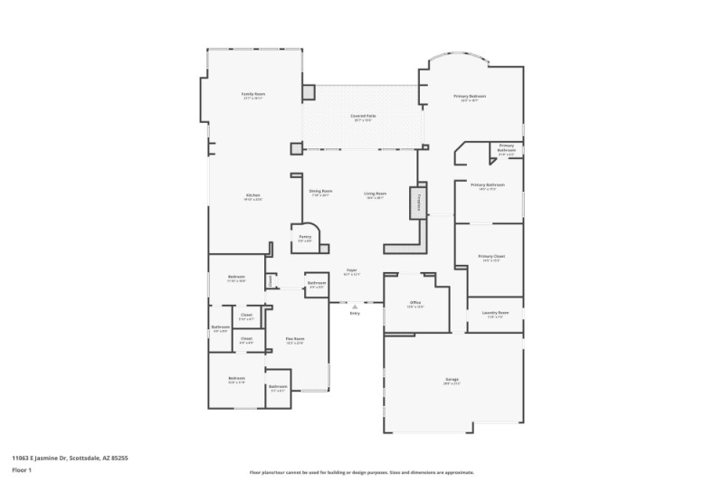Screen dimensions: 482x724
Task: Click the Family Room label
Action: [252, 94]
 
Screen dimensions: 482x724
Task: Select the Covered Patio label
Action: [362, 117]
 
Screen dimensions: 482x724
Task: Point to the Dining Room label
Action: [320, 192]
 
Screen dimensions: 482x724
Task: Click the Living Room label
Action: [376, 193]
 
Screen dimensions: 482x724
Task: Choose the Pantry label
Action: [305, 237]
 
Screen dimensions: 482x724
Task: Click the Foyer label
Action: [351, 269]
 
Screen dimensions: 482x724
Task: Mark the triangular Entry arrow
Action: [355, 307]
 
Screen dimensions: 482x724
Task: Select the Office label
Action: [415, 303]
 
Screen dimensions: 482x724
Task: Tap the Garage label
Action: [452, 379]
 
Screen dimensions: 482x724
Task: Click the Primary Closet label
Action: [491, 256]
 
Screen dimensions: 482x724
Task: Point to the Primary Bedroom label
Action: [470, 96]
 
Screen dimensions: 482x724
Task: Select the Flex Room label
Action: [294, 338]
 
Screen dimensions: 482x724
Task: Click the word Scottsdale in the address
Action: [86, 458]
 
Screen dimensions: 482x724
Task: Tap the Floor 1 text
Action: [22, 470]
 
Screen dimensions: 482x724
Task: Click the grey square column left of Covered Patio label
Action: [309, 92]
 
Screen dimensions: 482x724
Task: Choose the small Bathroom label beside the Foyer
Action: [317, 283]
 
